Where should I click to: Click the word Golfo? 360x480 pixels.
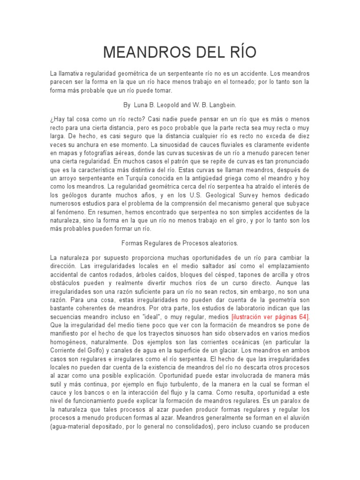[x=105, y=350]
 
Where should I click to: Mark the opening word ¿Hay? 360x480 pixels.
[x=58, y=120]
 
